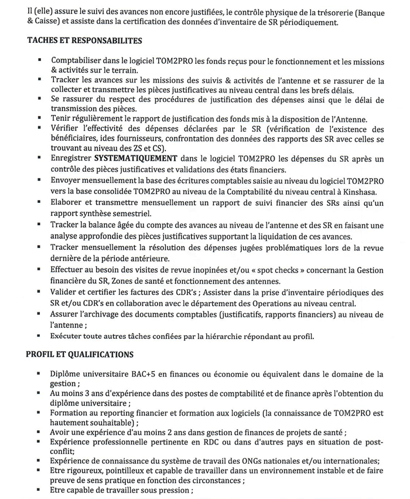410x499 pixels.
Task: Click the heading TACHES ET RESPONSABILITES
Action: click(x=84, y=41)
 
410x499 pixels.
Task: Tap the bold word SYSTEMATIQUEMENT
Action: click(x=135, y=158)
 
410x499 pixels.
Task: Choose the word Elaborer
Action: click(x=69, y=202)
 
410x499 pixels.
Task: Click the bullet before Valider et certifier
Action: click(x=39, y=291)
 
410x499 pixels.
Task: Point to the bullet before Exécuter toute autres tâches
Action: click(x=39, y=335)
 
